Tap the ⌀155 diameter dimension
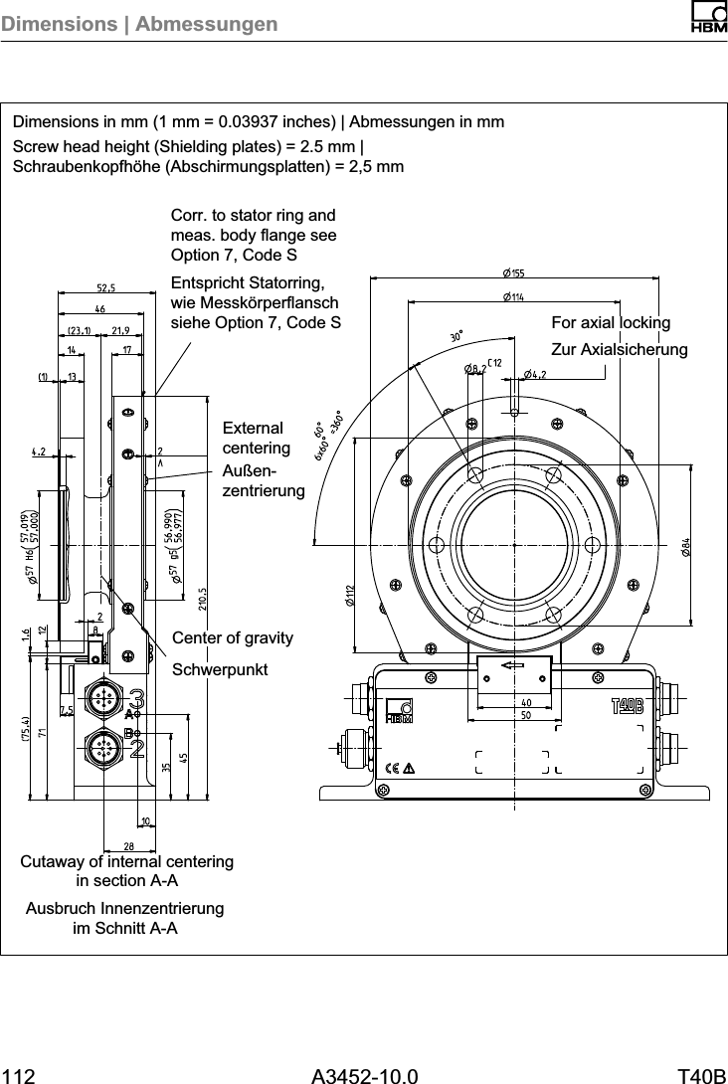[x=514, y=272]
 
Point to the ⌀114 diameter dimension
[x=513, y=296]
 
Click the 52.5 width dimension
[x=105, y=287]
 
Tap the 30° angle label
[x=457, y=338]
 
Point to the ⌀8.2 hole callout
[x=474, y=369]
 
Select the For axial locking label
[x=611, y=323]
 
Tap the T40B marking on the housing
[x=627, y=706]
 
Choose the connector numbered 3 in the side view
[x=103, y=698]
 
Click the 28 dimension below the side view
[x=129, y=844]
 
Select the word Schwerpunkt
[x=220, y=669]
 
